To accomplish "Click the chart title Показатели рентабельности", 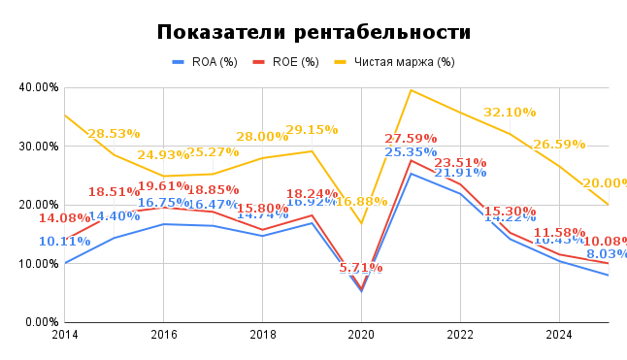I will click(x=313, y=32).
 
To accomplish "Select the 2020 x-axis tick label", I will click(x=361, y=335).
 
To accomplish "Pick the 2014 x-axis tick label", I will click(x=65, y=335).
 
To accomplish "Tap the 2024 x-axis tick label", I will click(x=559, y=335).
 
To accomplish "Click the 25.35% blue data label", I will click(x=410, y=152).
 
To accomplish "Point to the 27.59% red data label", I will click(x=411, y=139).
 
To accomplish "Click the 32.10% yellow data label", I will click(x=510, y=113).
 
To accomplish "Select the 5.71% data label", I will click(x=361, y=268).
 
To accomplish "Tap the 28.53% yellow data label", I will click(x=114, y=134).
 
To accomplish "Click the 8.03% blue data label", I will click(x=606, y=254).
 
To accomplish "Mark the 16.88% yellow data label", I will click(x=360, y=202).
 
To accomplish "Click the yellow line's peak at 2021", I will click(x=411, y=90).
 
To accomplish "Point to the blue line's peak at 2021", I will click(x=411, y=173).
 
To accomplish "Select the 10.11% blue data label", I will click(x=64, y=242).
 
